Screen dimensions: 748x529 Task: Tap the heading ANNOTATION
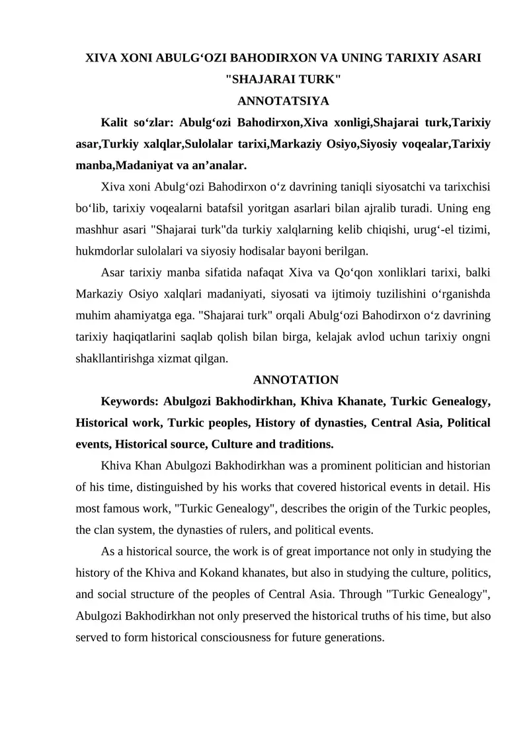point(296,380)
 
